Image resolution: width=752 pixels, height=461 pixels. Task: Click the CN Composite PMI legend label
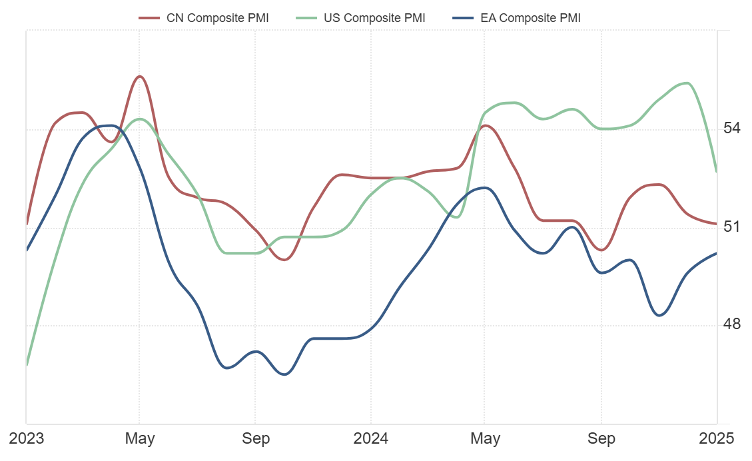pos(217,18)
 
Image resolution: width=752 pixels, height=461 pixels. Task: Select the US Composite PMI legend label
pos(374,18)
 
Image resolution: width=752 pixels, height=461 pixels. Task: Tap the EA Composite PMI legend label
pos(530,18)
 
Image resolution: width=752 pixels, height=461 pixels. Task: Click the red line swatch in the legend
pos(149,18)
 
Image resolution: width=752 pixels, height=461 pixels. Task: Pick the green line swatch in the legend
pos(306,18)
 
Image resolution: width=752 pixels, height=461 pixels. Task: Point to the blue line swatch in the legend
pos(463,18)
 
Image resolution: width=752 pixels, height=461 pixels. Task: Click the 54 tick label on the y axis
pos(732,128)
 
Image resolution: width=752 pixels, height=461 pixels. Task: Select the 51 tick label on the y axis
pos(732,227)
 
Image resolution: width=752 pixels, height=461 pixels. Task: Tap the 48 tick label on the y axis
pos(732,324)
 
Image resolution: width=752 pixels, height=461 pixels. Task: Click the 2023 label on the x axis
pos(26,438)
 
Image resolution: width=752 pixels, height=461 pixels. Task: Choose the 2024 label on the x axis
pos(371,438)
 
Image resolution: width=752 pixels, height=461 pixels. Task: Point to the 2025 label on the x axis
pos(717,438)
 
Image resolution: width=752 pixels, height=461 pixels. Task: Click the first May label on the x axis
pos(140,438)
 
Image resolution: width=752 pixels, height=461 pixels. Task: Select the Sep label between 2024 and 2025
pos(601,438)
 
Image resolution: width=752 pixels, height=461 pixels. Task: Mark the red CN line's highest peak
pos(139,76)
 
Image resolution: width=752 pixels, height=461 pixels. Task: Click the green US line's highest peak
pos(687,83)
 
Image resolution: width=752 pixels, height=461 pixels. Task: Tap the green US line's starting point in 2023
pos(27,365)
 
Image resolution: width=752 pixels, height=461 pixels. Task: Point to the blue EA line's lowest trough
pos(284,374)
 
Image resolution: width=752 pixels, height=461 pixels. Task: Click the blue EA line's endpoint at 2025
pos(716,253)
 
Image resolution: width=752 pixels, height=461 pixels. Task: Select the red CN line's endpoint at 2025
pos(716,224)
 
